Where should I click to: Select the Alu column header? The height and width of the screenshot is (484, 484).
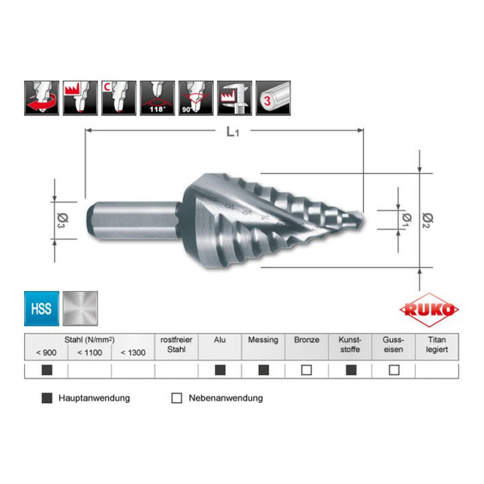(x=220, y=340)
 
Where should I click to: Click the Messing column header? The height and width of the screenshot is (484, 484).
(x=263, y=340)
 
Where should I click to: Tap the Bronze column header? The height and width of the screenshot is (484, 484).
(x=306, y=340)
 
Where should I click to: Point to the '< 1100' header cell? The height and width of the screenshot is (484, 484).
(x=89, y=353)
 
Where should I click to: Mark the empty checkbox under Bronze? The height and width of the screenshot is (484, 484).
(x=306, y=370)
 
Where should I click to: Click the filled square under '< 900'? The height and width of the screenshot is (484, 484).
(x=47, y=370)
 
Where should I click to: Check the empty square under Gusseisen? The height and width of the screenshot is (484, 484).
(x=393, y=370)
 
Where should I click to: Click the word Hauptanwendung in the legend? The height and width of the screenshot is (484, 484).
(x=94, y=398)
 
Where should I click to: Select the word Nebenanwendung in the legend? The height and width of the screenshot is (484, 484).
(x=224, y=398)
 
